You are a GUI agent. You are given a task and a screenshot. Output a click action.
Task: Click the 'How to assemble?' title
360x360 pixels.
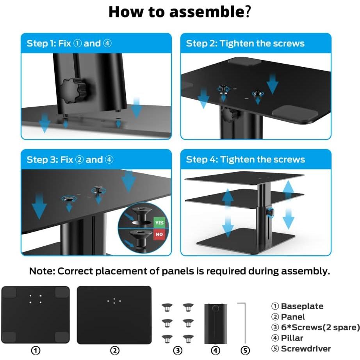(x=180, y=12)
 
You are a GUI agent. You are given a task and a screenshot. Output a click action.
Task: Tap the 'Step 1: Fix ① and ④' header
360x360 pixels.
(x=69, y=43)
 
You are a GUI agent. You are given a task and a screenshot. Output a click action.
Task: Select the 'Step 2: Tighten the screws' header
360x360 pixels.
(x=245, y=43)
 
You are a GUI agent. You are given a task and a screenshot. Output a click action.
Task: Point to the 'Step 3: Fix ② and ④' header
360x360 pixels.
(x=70, y=160)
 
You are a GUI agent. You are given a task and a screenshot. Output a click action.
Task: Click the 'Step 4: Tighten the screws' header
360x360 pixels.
(x=245, y=160)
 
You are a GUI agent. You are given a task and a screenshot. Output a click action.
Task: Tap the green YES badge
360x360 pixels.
(x=159, y=223)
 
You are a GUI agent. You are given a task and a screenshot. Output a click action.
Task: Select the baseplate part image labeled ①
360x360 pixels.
(x=36, y=315)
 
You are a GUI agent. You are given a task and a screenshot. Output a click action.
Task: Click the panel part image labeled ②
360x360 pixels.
(x=114, y=315)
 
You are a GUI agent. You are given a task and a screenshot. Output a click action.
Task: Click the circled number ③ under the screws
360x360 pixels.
(x=177, y=350)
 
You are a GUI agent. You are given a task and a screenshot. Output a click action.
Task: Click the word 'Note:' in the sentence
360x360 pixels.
(x=42, y=271)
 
